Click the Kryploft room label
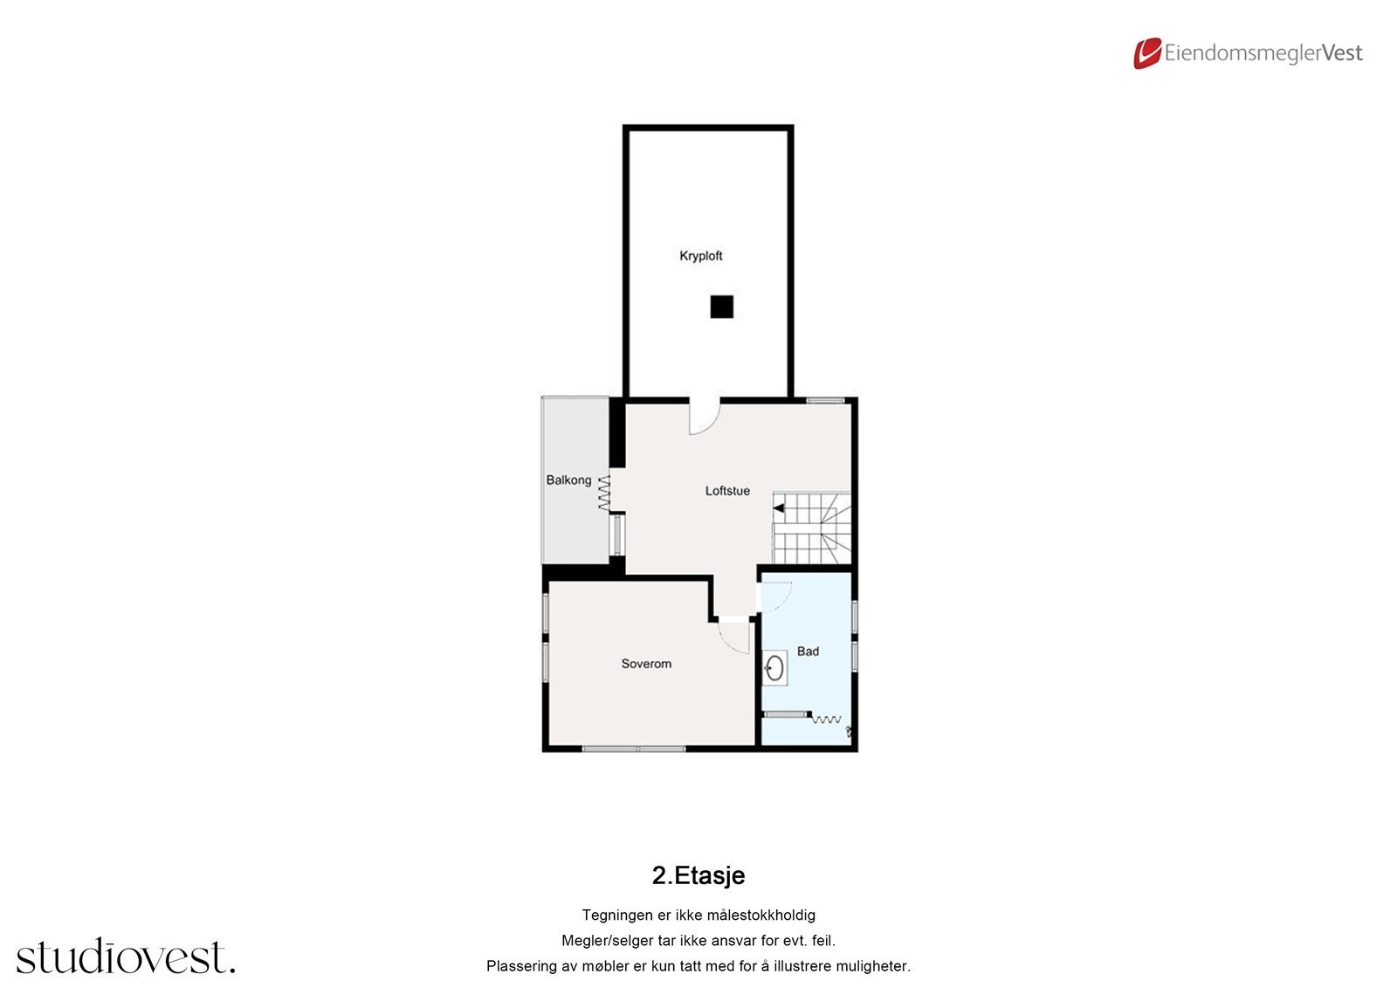(x=700, y=256)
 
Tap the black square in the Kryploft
(x=721, y=307)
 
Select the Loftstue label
(x=727, y=491)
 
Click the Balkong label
(x=568, y=480)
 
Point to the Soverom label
(x=646, y=664)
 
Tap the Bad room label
(x=808, y=652)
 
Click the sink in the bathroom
(x=774, y=669)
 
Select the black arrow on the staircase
(x=778, y=508)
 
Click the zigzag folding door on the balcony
(x=603, y=493)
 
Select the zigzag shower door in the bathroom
(x=826, y=719)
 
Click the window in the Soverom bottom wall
(x=635, y=749)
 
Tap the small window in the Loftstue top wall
(x=825, y=400)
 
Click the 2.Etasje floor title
(x=698, y=875)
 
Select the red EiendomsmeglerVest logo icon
(x=1147, y=53)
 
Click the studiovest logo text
(x=125, y=957)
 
